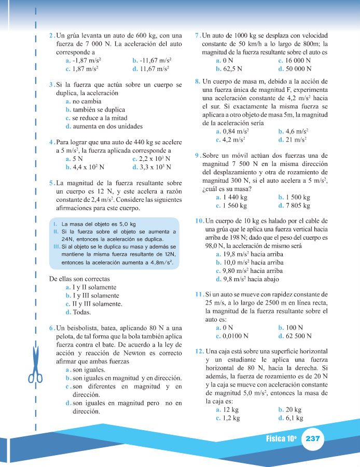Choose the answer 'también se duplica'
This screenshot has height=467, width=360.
93,109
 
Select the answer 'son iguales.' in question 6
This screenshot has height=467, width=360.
88,370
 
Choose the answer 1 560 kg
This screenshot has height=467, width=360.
233,205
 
